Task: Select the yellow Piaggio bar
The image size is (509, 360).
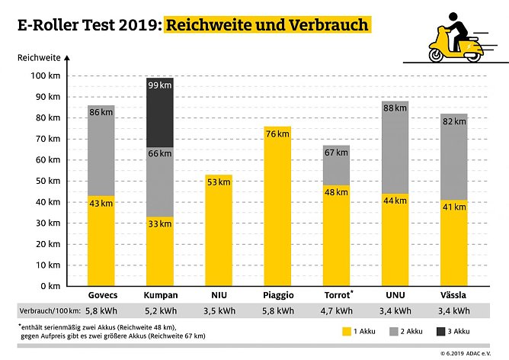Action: click(x=277, y=206)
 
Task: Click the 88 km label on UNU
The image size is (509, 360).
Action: click(x=395, y=108)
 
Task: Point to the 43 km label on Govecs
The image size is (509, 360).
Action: click(x=101, y=203)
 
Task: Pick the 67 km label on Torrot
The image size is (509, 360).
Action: click(x=336, y=152)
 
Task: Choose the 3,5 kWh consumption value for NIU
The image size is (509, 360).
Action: click(x=219, y=311)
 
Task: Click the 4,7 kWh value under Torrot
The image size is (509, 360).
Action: click(x=336, y=311)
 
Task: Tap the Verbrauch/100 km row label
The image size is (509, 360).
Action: click(x=47, y=311)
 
